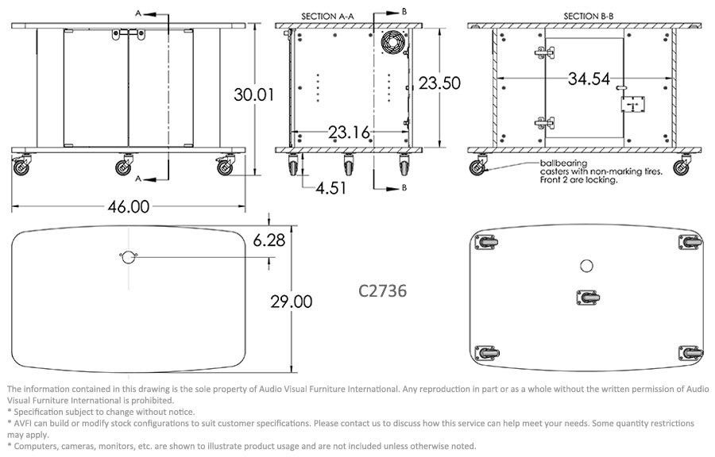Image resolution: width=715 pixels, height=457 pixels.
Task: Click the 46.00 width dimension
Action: (x=129, y=206)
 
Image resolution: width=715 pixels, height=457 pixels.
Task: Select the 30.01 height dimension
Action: (x=253, y=94)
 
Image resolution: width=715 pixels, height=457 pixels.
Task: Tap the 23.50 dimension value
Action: (x=439, y=83)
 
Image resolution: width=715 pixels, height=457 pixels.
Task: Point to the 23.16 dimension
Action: (x=350, y=132)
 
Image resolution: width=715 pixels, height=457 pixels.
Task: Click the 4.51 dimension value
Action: (x=331, y=188)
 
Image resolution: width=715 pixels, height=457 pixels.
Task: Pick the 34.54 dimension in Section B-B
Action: (x=589, y=79)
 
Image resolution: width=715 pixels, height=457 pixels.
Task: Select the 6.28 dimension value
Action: (x=269, y=240)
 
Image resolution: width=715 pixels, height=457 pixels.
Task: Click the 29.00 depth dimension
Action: (x=292, y=301)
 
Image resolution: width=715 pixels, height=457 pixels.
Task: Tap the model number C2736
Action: (x=382, y=291)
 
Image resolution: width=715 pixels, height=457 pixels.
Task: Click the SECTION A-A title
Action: (x=327, y=17)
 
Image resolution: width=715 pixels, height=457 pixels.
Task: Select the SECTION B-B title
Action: (x=588, y=17)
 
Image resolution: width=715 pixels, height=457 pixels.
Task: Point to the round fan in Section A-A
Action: (x=392, y=42)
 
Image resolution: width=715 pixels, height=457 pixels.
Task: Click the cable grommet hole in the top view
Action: (x=129, y=257)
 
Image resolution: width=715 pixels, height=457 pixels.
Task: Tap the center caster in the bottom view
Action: (x=588, y=298)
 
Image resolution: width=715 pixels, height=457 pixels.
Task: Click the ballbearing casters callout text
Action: (x=601, y=171)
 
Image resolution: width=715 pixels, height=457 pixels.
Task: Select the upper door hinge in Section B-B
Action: (x=545, y=53)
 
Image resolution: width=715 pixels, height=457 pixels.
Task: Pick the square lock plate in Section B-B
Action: (x=632, y=105)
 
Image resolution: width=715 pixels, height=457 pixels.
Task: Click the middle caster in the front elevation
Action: (x=124, y=165)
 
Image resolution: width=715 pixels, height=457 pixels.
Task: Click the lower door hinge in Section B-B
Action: (x=545, y=123)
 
